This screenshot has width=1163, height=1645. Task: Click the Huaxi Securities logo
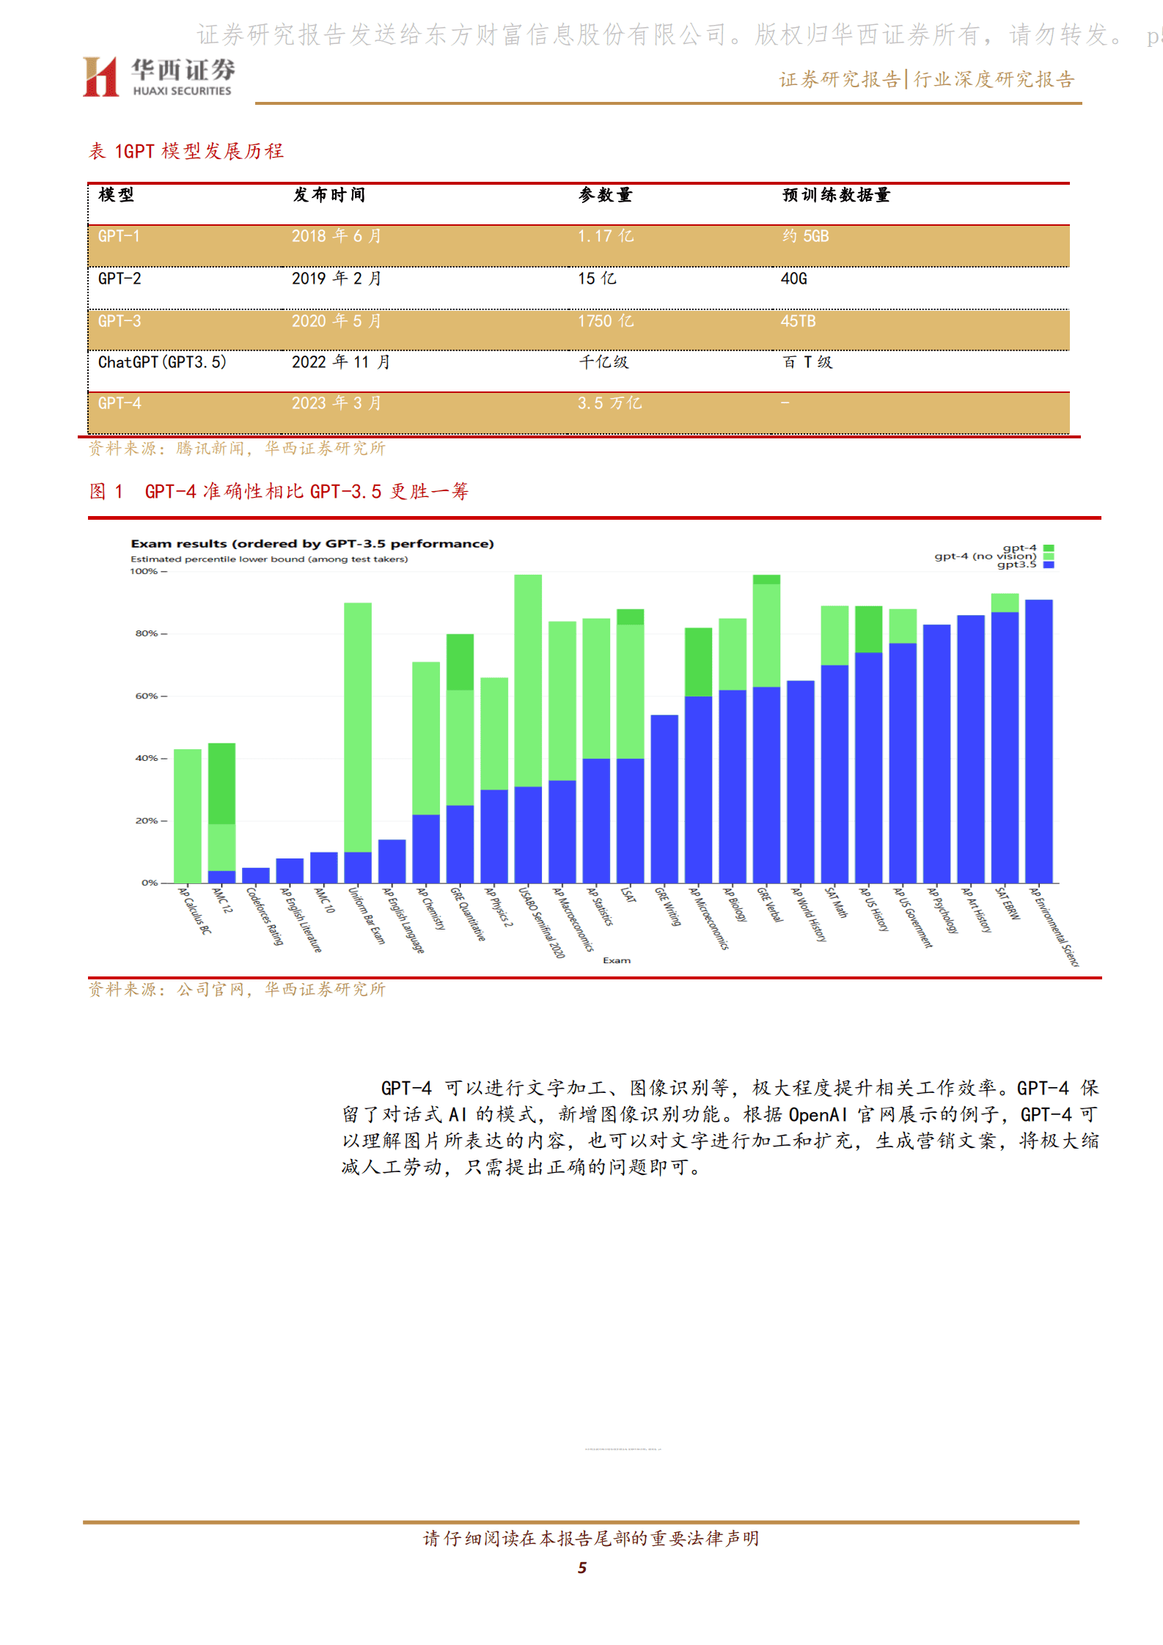pyautogui.click(x=158, y=76)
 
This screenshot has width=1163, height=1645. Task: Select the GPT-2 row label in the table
pyautogui.click(x=120, y=279)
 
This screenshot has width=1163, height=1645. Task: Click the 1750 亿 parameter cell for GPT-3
pyautogui.click(x=605, y=321)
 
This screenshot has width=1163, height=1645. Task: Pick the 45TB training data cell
pyautogui.click(x=798, y=321)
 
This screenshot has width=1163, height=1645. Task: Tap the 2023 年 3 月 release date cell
pyautogui.click(x=336, y=403)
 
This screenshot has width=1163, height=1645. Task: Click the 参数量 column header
pyautogui.click(x=605, y=195)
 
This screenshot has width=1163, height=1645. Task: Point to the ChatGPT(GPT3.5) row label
pyautogui.click(x=162, y=362)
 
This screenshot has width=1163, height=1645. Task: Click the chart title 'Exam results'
pyautogui.click(x=312, y=543)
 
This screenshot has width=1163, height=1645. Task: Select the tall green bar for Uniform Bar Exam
pyautogui.click(x=358, y=726)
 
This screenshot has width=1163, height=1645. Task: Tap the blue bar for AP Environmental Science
pyautogui.click(x=1038, y=740)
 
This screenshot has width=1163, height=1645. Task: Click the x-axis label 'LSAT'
pyautogui.click(x=628, y=895)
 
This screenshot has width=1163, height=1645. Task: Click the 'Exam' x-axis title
pyautogui.click(x=617, y=960)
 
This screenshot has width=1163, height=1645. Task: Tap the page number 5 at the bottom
pyautogui.click(x=582, y=1567)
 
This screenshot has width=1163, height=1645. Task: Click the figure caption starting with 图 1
pyautogui.click(x=279, y=491)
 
